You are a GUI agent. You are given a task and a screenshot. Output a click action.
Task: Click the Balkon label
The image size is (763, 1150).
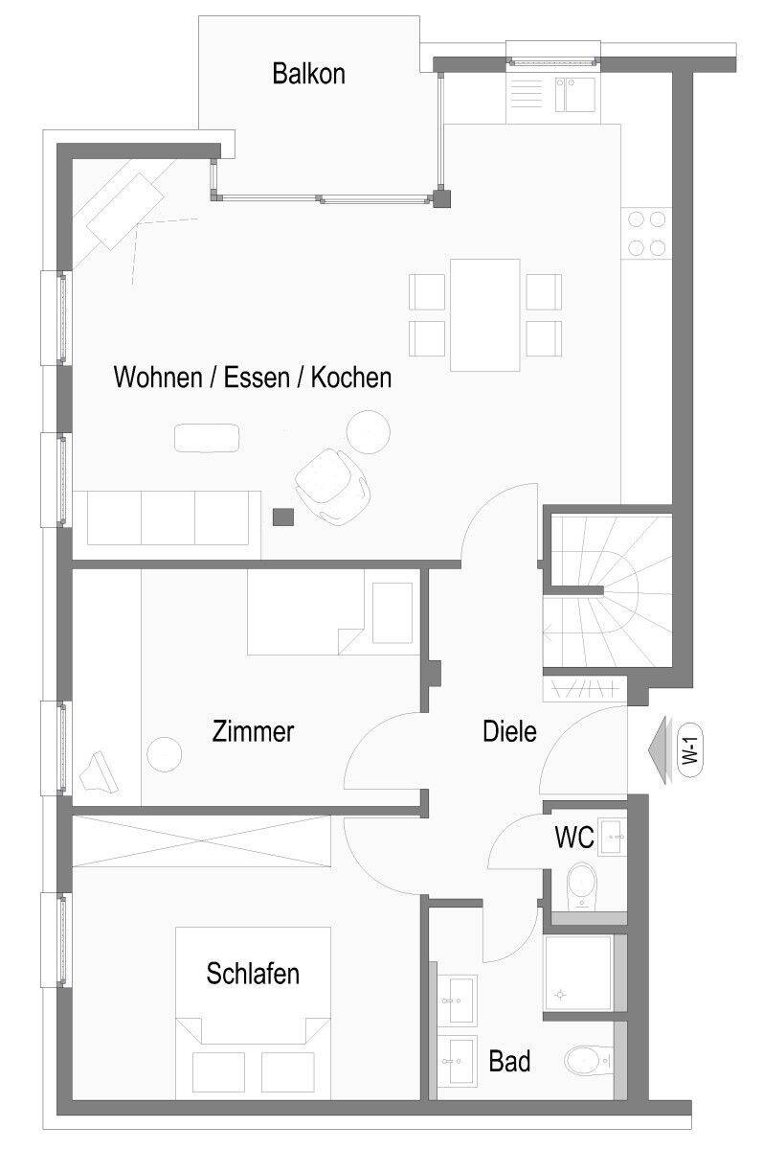click(308, 74)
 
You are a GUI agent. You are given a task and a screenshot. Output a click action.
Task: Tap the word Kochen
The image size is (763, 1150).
click(351, 378)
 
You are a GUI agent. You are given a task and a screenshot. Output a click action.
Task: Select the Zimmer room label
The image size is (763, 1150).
click(253, 731)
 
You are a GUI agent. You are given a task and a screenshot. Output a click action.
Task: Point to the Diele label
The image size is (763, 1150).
click(509, 731)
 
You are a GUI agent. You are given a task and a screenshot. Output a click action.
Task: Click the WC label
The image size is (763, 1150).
click(574, 837)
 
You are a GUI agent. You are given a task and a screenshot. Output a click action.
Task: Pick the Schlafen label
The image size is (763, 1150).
click(253, 974)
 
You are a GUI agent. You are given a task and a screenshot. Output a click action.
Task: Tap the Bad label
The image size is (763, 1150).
click(509, 1061)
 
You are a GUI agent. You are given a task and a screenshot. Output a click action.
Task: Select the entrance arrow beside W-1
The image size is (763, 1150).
click(660, 750)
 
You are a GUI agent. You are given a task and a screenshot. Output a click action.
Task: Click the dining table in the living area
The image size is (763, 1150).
click(485, 314)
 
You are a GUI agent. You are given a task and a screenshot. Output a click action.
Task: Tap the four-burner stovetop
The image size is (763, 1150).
click(646, 234)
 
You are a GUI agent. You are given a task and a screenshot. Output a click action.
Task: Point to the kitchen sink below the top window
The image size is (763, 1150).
click(574, 95)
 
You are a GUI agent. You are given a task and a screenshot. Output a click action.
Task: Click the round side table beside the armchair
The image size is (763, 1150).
click(369, 432)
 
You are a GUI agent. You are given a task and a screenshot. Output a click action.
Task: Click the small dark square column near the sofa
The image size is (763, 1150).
click(283, 517)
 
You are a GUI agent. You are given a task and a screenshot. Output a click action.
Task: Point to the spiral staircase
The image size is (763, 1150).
click(608, 590)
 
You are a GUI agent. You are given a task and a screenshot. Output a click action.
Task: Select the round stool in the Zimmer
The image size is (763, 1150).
click(164, 754)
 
